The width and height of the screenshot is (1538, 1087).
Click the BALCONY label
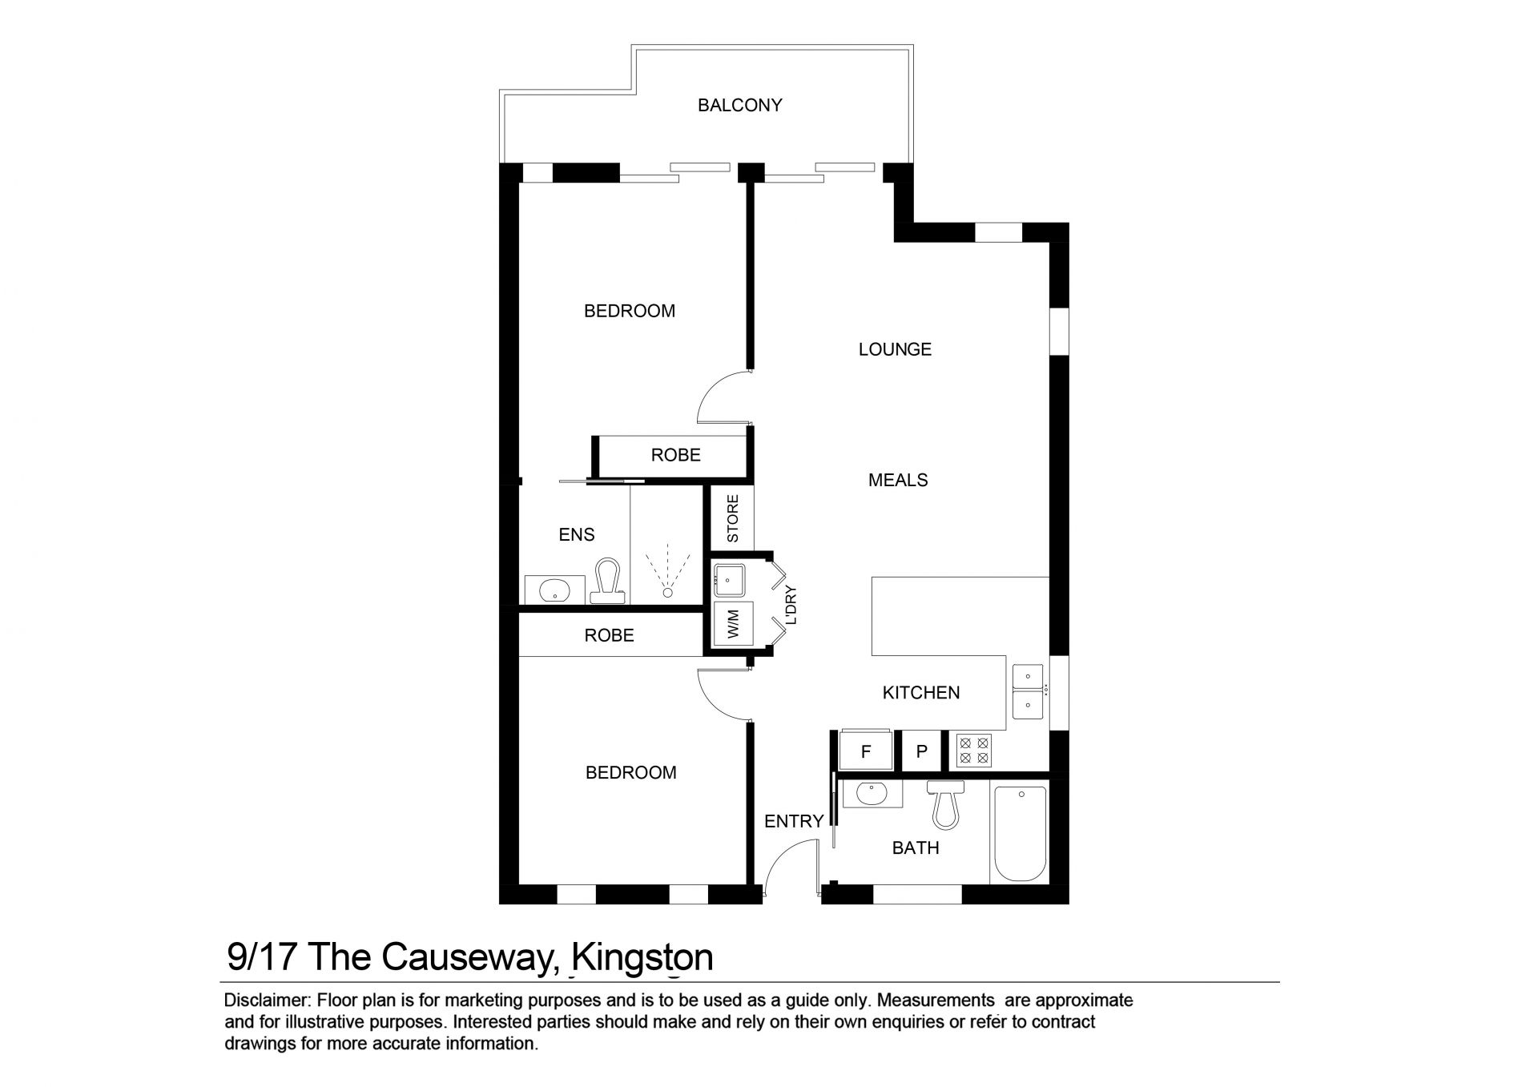tap(739, 105)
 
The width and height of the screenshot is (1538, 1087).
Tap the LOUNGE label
tap(895, 349)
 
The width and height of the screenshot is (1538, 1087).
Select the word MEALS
tap(898, 480)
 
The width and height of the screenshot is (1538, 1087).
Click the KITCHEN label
tap(920, 693)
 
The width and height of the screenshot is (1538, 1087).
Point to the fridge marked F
tap(865, 751)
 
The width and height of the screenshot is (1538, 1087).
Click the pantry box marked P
tap(922, 751)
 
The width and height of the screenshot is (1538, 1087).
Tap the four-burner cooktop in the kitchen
tap(974, 751)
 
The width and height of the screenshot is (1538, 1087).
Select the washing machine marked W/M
tap(733, 622)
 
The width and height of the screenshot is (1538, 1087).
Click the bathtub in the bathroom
tap(1020, 833)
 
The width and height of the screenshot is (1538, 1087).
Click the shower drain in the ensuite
tap(667, 594)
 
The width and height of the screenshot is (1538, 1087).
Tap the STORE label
tap(733, 519)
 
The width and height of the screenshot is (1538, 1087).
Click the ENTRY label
tap(794, 821)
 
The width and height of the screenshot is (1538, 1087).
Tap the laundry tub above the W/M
tap(730, 581)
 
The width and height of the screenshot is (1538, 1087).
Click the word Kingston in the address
tap(644, 957)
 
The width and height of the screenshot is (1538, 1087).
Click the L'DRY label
tap(791, 606)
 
